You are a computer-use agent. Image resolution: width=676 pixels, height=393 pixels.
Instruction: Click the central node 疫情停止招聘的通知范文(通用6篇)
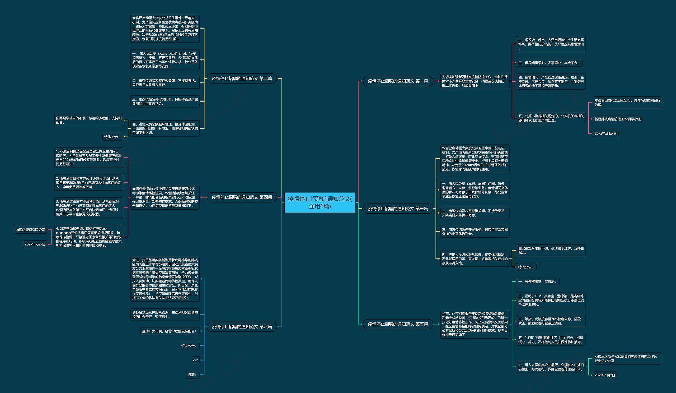tap(320, 202)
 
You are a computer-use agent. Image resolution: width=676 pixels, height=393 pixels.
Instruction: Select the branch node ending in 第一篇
tap(398, 81)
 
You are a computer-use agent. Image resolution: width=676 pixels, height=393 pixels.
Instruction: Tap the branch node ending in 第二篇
tap(242, 78)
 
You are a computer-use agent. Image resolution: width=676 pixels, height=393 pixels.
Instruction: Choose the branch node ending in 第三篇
tap(398, 209)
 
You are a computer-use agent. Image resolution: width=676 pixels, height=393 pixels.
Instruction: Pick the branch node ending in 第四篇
tap(242, 197)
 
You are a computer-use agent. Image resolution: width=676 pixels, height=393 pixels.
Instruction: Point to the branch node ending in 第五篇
tap(398, 324)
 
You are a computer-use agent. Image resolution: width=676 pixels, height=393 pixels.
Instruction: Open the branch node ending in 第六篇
tap(242, 327)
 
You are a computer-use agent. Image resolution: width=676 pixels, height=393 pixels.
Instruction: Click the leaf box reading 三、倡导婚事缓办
tap(550, 63)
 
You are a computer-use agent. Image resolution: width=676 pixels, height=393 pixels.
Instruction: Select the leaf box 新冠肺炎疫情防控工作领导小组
tap(618, 119)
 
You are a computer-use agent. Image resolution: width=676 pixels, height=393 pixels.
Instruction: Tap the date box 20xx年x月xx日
tap(605, 133)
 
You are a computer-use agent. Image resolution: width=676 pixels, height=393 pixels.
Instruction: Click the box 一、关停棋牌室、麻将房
tap(538, 281)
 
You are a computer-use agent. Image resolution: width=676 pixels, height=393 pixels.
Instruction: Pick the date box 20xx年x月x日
tap(605, 375)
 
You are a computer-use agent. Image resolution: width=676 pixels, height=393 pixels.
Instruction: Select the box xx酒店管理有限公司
tap(30, 230)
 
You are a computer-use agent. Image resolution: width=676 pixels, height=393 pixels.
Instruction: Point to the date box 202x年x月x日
tap(35, 244)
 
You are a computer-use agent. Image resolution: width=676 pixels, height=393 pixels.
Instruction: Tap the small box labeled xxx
tap(195, 360)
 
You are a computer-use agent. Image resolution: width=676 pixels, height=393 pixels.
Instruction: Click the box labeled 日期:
tap(193, 375)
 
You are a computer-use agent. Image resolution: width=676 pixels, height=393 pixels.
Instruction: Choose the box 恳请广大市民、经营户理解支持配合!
tap(170, 331)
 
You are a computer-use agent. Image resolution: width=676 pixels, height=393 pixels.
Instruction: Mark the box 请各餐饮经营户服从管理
tap(165, 315)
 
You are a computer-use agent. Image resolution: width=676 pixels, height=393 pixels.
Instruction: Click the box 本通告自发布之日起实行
tap(627, 102)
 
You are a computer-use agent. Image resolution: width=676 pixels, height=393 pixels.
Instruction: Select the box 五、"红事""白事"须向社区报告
tap(551, 340)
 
